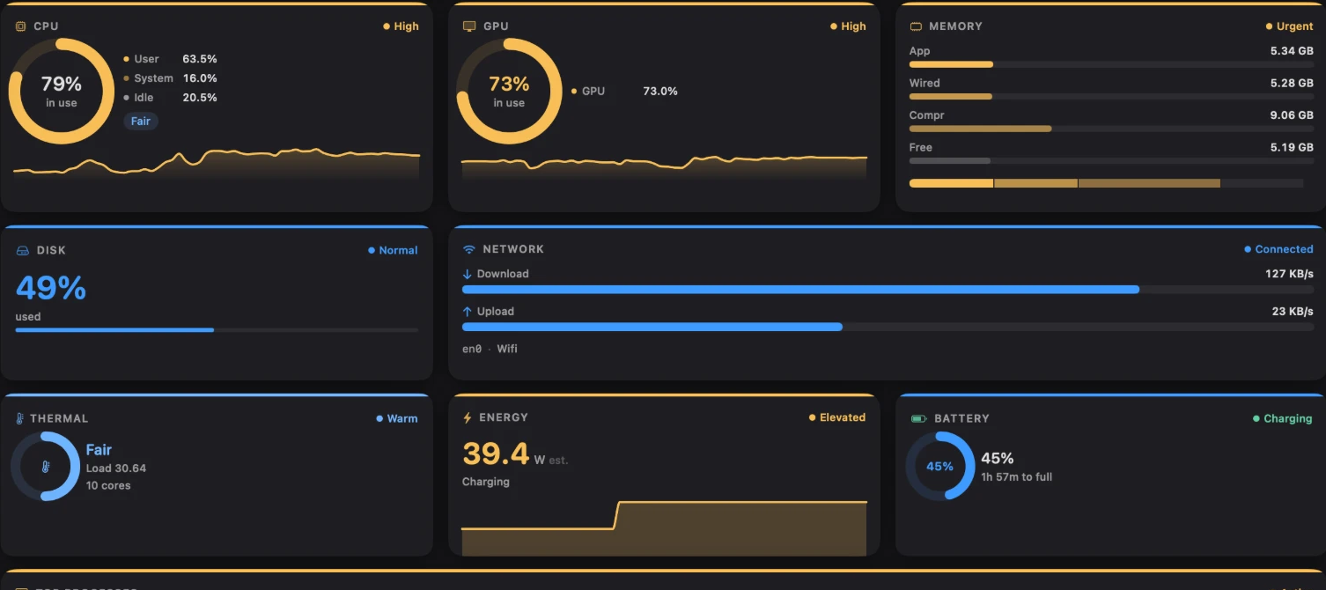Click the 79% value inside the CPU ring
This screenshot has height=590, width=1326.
point(61,84)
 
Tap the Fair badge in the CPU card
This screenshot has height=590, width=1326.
point(140,121)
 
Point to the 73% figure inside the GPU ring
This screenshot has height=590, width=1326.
point(509,84)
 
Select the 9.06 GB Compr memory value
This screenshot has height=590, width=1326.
point(1292,114)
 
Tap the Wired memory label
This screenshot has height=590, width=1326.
point(924,83)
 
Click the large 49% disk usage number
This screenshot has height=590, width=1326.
point(51,288)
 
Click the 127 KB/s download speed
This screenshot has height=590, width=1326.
point(1289,273)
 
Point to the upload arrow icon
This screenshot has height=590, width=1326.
point(467,311)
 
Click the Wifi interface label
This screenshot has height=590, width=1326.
point(507,349)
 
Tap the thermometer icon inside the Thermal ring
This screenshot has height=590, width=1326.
point(46,467)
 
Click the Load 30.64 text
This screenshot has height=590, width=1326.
point(116,468)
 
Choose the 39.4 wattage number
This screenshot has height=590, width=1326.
point(496,454)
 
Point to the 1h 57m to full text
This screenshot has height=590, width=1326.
point(1016,476)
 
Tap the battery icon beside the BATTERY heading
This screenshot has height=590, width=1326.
point(918,419)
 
